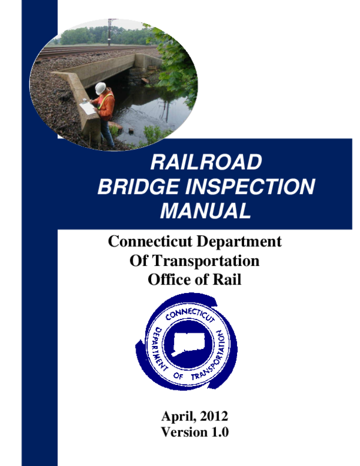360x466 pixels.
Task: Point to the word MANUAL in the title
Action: click(205, 211)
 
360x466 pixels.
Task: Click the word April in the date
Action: click(178, 416)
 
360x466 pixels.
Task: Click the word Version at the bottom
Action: click(183, 432)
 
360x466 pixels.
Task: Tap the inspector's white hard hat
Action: click(100, 87)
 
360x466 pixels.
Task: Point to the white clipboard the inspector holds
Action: click(87, 108)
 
